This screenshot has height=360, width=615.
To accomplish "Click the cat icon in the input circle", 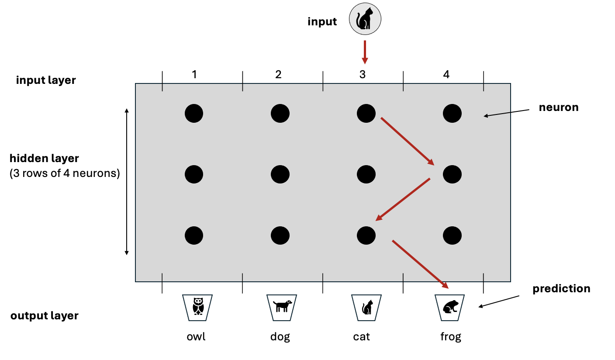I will [x=365, y=20].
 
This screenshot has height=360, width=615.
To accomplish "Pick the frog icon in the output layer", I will [x=450, y=306].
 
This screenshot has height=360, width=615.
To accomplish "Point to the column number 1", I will [x=194, y=75].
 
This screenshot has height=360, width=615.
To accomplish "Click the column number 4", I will [x=446, y=75].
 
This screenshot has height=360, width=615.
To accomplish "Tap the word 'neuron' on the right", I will [x=559, y=107].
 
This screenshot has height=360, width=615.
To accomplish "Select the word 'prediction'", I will [x=561, y=289].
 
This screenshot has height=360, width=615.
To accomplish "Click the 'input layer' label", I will [x=46, y=80].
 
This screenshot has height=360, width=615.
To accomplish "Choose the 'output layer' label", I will [x=45, y=316].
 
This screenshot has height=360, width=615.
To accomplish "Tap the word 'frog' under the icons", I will [x=451, y=337].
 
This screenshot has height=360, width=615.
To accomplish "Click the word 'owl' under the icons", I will [x=196, y=337].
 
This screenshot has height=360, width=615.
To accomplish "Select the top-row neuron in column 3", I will [x=366, y=114].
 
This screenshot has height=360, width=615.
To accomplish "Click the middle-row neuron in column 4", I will [x=452, y=175].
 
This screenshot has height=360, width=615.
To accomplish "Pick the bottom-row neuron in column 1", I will [x=194, y=236].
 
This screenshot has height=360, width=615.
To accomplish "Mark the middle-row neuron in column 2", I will [x=280, y=175].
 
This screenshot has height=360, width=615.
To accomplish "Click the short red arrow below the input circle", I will [x=365, y=52].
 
